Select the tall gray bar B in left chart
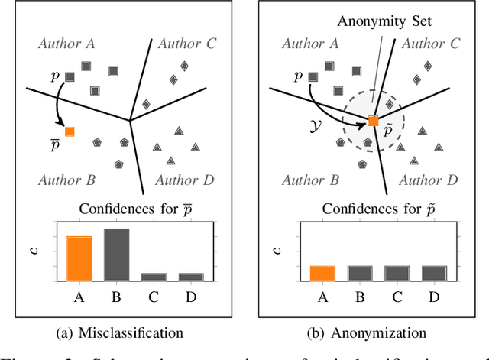coord(116,255)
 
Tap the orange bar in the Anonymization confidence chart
coord(322,274)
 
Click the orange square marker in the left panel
coord(70,131)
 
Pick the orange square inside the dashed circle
coord(373,121)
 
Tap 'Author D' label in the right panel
coord(429,180)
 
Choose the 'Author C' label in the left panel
coord(186,44)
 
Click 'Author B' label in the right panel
coord(310,180)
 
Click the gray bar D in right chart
coord(434,274)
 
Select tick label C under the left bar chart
coord(154,296)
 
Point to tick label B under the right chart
coord(359,296)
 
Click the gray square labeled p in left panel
coord(70,76)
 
